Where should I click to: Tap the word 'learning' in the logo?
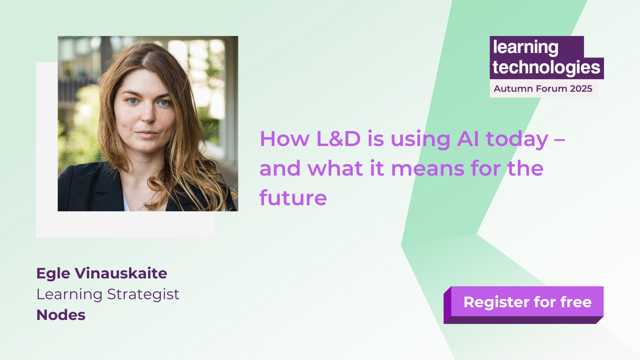(x=526, y=48)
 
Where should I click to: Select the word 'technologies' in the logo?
(x=546, y=68)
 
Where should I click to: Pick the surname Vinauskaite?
(x=121, y=273)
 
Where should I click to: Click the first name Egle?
(x=53, y=274)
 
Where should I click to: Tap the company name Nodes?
(x=61, y=315)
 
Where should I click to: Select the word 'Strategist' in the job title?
(x=143, y=294)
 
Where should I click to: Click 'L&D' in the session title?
(x=338, y=139)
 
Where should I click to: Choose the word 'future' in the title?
(x=293, y=198)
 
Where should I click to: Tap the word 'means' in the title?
(x=428, y=168)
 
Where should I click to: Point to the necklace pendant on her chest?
(x=144, y=203)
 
